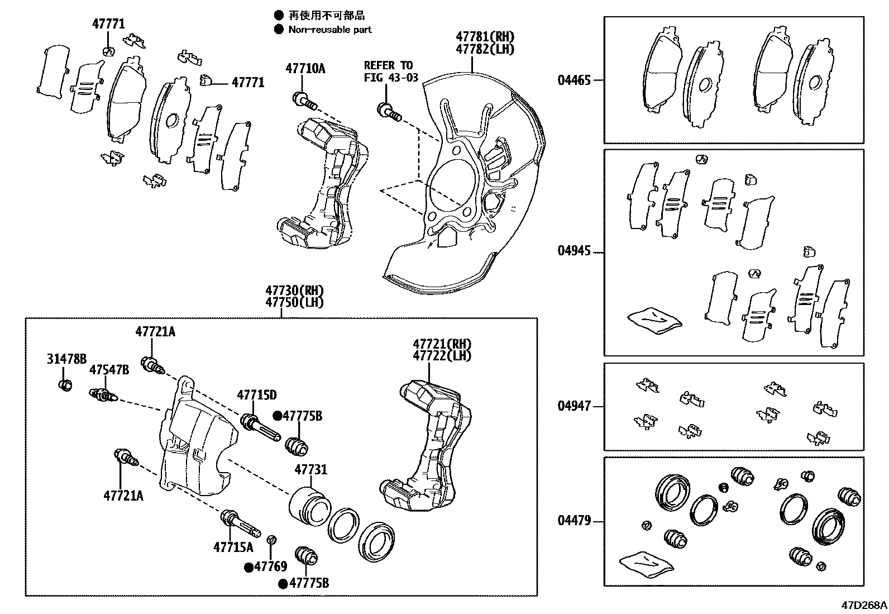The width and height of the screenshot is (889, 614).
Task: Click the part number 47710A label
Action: (x=305, y=69)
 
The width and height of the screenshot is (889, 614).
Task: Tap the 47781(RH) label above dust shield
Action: (x=484, y=37)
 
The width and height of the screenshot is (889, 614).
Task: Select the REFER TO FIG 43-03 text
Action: (x=390, y=72)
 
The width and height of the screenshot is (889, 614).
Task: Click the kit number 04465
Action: (x=573, y=80)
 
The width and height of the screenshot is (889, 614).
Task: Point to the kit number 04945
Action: (x=573, y=251)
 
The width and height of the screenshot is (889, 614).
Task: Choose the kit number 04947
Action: (x=573, y=406)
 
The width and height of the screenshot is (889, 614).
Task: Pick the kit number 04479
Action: (x=573, y=521)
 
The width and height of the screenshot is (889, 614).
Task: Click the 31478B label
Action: (x=66, y=359)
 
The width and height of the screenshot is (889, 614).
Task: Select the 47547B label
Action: (x=109, y=370)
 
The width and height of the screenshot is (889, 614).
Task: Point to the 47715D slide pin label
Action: (x=256, y=396)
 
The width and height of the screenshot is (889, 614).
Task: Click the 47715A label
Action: (x=233, y=548)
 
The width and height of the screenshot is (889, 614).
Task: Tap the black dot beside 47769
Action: (x=248, y=567)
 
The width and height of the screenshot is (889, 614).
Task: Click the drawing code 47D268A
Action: (x=864, y=605)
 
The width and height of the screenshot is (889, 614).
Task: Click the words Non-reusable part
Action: (x=329, y=30)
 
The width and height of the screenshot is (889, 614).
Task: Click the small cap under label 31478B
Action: (x=65, y=385)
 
